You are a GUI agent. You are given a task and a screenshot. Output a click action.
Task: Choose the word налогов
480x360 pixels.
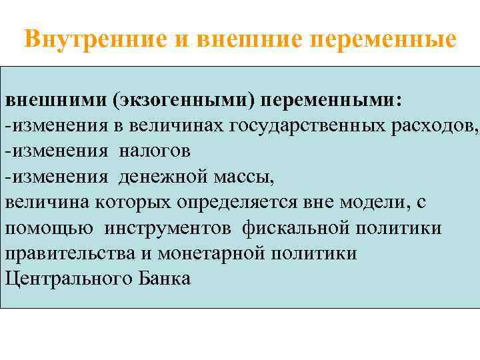point(155,151)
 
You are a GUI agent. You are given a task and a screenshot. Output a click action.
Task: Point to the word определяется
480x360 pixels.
point(221,202)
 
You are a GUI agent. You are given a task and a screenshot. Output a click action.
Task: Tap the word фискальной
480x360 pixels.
point(300,227)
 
